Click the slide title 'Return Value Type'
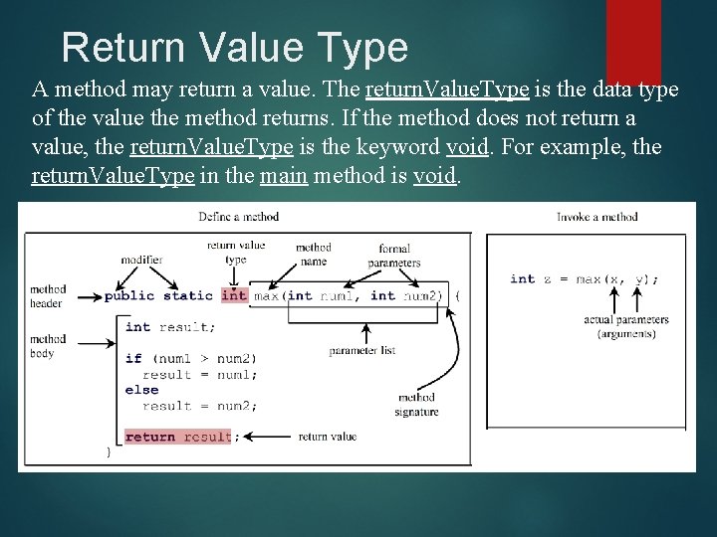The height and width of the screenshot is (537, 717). (x=235, y=48)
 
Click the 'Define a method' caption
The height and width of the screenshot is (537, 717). (x=238, y=216)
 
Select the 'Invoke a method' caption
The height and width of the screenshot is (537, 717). (x=597, y=216)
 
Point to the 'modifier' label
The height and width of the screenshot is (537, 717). (x=141, y=260)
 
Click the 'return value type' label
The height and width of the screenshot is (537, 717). (x=236, y=252)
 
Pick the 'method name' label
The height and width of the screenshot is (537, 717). (x=313, y=254)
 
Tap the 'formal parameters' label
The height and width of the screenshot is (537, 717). (x=394, y=256)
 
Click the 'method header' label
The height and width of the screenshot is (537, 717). (x=47, y=296)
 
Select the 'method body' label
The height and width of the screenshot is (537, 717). (x=47, y=346)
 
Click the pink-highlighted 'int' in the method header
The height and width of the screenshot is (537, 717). (x=234, y=295)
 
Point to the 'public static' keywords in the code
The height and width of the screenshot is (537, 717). (x=158, y=295)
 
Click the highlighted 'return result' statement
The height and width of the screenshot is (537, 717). (x=178, y=437)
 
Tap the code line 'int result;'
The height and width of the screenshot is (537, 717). (x=168, y=327)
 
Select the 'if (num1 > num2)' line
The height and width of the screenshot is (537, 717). (x=190, y=358)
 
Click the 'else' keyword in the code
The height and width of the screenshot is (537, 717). (x=141, y=390)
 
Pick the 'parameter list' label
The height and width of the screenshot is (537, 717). (x=362, y=351)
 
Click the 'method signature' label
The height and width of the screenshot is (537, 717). (x=416, y=405)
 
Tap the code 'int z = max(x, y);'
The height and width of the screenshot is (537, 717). (x=584, y=279)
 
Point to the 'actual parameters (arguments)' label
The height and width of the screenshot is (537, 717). (x=626, y=327)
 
